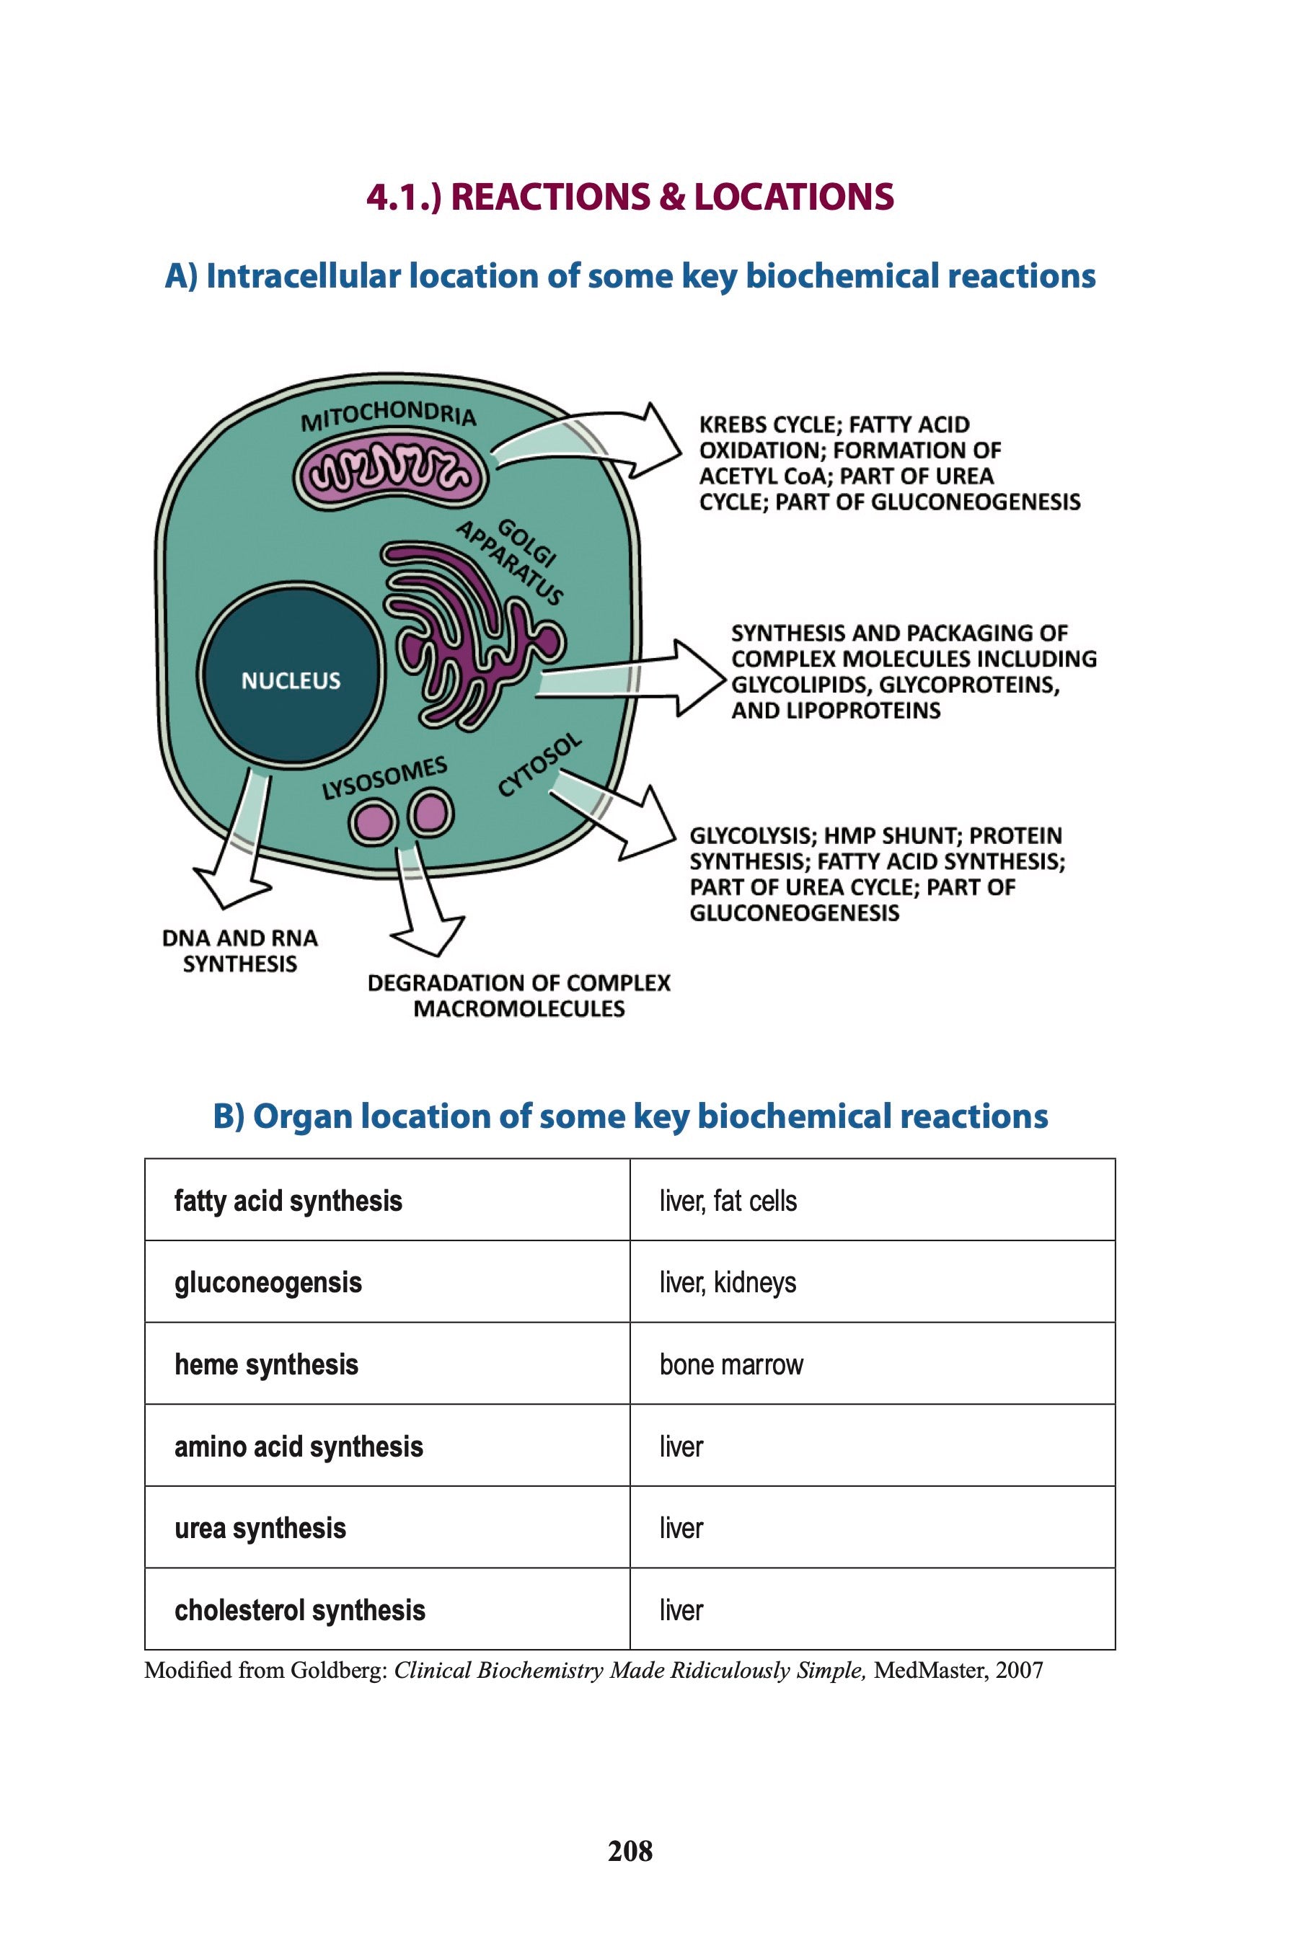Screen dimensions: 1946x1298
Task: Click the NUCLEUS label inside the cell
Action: [x=291, y=680]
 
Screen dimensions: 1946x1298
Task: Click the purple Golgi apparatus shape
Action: [x=464, y=637]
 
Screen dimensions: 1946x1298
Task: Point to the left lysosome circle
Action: [x=373, y=820]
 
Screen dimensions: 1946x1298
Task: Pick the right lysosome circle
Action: [x=431, y=812]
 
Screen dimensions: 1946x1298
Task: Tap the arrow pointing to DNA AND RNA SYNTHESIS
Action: [x=236, y=852]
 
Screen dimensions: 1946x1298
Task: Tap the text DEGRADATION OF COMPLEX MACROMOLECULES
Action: [x=519, y=995]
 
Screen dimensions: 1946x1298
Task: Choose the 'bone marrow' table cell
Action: [x=731, y=1364]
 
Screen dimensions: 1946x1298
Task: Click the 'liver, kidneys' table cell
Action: [x=728, y=1282]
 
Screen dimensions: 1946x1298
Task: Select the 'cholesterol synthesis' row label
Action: [x=300, y=1610]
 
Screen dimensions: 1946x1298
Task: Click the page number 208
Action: [x=630, y=1851]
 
